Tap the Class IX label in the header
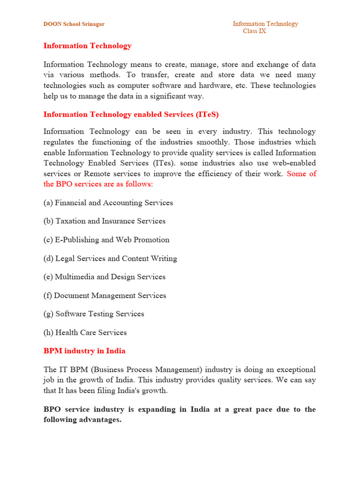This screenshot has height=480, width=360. click(255, 31)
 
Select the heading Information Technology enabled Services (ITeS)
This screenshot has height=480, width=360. click(131, 114)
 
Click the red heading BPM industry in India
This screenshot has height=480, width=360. click(84, 351)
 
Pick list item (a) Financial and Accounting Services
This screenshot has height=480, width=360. click(108, 202)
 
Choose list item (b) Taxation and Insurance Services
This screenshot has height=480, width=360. click(105, 221)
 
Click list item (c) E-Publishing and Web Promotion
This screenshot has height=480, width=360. click(106, 240)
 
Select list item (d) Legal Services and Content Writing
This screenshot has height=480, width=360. click(110, 258)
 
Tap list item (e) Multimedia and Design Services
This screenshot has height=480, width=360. click(105, 277)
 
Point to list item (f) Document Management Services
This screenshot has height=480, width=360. click(105, 295)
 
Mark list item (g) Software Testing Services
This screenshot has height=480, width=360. click(94, 314)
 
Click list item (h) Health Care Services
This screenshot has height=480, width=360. click(85, 332)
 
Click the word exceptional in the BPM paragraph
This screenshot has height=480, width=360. click(292, 369)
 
